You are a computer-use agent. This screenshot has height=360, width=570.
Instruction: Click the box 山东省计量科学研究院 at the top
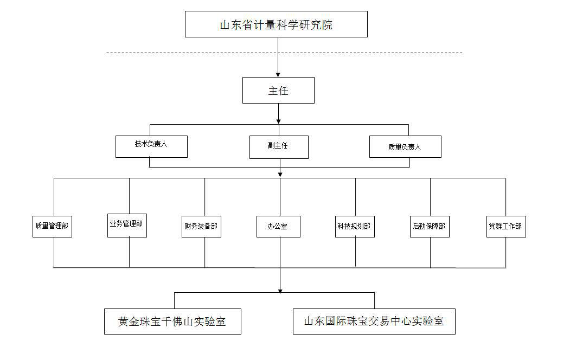click(276, 24)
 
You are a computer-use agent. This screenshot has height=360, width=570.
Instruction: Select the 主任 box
click(278, 90)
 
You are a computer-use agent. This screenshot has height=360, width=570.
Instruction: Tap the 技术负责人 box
click(152, 147)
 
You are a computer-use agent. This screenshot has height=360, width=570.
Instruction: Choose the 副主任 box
click(279, 147)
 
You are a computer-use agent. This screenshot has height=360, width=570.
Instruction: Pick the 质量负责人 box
click(405, 147)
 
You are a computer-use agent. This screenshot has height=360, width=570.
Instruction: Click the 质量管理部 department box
click(53, 227)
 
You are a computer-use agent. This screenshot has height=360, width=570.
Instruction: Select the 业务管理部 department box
click(127, 226)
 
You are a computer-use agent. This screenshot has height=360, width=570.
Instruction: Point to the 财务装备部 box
click(201, 227)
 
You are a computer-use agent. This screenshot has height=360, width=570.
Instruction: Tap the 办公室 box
click(278, 227)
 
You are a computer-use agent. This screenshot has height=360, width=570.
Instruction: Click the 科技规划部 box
click(355, 227)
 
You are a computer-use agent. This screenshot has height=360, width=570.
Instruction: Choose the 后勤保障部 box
click(430, 227)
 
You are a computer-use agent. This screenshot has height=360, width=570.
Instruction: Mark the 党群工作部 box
click(507, 227)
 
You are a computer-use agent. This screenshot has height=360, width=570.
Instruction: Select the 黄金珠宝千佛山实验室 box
click(172, 322)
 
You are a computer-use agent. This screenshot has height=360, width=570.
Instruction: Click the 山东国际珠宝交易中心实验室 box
click(374, 322)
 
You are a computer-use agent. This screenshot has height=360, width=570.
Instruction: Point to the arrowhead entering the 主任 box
click(278, 75)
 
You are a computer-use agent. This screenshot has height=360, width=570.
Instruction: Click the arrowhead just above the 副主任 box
click(279, 121)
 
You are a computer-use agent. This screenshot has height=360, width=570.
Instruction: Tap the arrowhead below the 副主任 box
click(280, 175)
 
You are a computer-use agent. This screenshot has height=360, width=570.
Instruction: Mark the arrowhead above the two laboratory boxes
click(280, 291)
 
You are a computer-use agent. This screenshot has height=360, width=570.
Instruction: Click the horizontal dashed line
click(284, 53)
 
